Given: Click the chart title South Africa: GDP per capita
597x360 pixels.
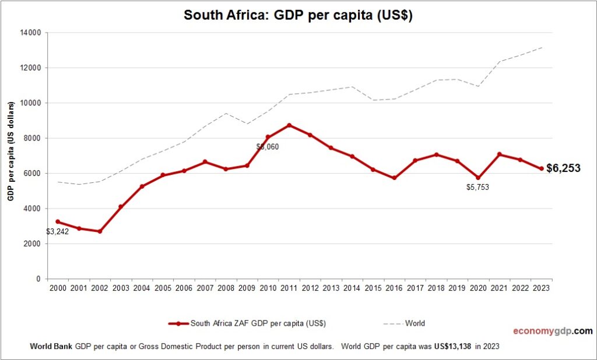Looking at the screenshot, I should pyautogui.click(x=298, y=15).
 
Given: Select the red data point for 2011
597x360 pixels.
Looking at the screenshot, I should pyautogui.click(x=289, y=125).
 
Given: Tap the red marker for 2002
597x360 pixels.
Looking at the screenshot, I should pyautogui.click(x=100, y=231).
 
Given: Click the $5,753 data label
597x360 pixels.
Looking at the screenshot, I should pyautogui.click(x=478, y=188).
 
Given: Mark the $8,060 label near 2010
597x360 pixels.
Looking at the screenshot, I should pyautogui.click(x=268, y=147).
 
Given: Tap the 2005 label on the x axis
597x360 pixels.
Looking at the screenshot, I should pyautogui.click(x=163, y=288).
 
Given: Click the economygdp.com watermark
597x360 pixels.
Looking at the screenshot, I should pyautogui.click(x=552, y=331).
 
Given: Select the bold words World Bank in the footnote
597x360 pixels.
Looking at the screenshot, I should pyautogui.click(x=51, y=346).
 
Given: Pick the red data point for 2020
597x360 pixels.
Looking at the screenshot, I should pyautogui.click(x=478, y=178).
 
